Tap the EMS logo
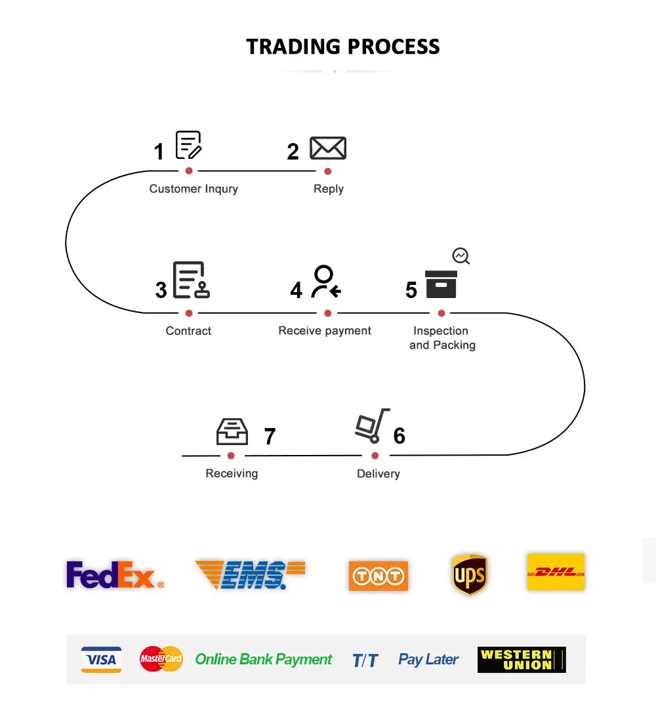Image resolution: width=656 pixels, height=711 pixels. [250, 575]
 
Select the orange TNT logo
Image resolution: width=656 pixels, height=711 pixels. [378, 576]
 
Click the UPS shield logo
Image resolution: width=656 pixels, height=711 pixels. [470, 574]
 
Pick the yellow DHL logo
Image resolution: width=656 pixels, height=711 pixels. [556, 572]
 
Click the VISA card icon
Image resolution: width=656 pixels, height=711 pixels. [101, 659]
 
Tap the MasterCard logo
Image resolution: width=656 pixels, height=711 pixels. [161, 658]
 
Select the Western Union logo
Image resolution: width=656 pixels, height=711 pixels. [522, 659]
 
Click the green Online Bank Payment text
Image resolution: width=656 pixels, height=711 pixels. [264, 659]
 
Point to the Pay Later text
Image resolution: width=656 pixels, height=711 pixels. [428, 659]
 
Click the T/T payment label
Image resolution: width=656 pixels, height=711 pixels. [365, 660]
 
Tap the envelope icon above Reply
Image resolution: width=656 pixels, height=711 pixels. [328, 148]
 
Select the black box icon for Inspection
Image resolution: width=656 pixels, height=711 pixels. [441, 284]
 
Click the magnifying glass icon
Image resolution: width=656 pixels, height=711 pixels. [462, 256]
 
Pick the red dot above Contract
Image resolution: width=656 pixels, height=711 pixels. [189, 313]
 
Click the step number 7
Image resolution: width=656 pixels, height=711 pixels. [270, 436]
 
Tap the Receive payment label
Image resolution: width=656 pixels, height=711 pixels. [325, 331]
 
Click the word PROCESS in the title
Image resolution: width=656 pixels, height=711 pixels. [393, 47]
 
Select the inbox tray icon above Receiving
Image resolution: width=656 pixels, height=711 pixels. [232, 431]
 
